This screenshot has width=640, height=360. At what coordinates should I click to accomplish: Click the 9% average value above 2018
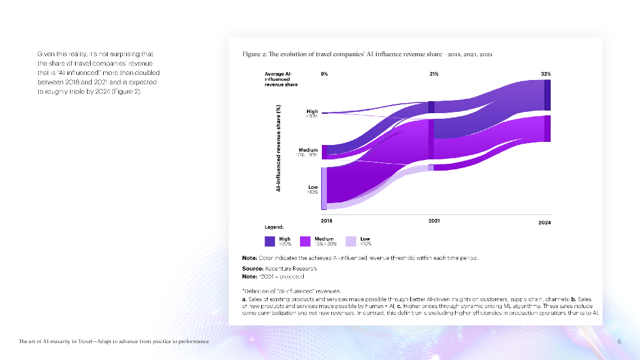[324, 74]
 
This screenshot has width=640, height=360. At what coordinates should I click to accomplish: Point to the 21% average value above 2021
[434, 74]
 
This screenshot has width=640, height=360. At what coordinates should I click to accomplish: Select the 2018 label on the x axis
[326, 221]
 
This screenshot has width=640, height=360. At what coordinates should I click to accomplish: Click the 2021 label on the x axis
[434, 221]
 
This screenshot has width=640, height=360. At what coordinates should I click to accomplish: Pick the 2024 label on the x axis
[544, 222]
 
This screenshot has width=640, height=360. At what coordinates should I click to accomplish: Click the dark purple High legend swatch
[270, 241]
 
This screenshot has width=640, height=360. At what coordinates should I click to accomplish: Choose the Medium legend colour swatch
[306, 241]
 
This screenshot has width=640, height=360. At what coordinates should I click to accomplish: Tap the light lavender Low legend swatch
[351, 241]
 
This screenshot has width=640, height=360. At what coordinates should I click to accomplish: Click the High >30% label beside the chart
[312, 114]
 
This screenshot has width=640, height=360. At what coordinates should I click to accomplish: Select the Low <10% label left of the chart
[312, 189]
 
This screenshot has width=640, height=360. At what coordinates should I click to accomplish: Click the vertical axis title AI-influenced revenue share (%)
[278, 148]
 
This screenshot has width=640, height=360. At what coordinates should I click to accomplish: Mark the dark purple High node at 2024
[547, 95]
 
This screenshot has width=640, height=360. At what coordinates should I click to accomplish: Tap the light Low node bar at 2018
[324, 188]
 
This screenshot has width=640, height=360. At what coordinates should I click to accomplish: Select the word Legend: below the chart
[276, 227]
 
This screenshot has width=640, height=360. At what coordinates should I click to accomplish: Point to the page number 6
[619, 342]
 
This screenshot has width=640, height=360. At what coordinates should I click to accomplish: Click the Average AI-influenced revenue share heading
[279, 79]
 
